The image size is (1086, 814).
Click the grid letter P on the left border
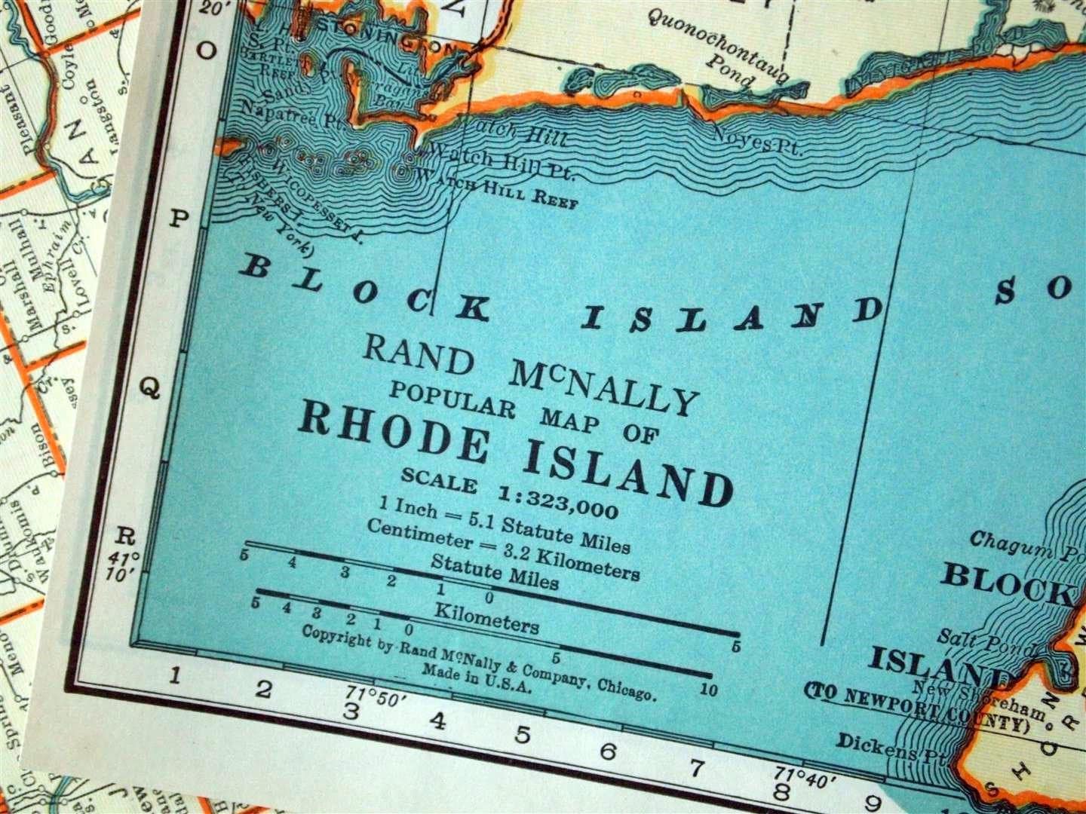pos(179,219)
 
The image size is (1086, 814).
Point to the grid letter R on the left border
pos(125,537)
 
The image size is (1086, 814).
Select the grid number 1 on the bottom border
pos(174,675)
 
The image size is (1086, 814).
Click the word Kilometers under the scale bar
pos(486,618)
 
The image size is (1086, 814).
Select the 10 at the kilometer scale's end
pos(709,688)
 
